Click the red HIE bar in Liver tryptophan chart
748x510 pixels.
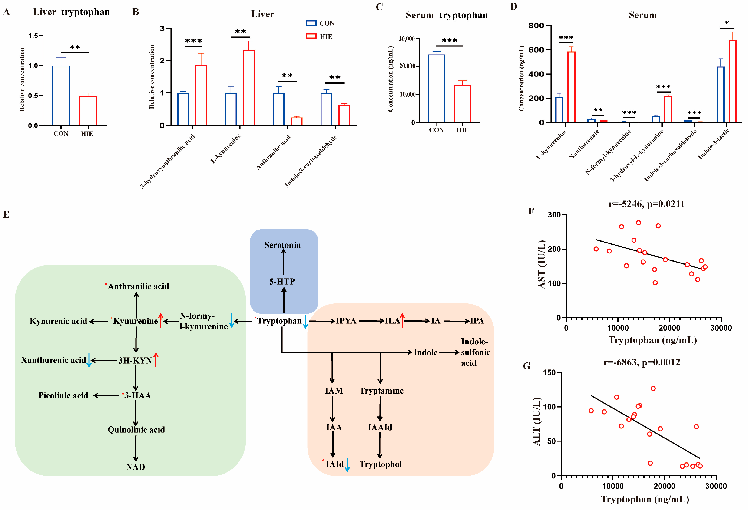pos(88,110)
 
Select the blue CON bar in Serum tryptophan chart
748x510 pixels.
pos(437,89)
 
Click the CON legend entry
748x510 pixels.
pos(320,23)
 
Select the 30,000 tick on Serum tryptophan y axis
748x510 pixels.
pos(407,39)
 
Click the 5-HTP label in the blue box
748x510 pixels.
pos(282,282)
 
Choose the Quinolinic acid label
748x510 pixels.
pos(136,430)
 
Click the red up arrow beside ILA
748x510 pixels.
pos(402,320)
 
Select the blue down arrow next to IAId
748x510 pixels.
pos(347,465)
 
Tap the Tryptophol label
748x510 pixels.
pos(381,464)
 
